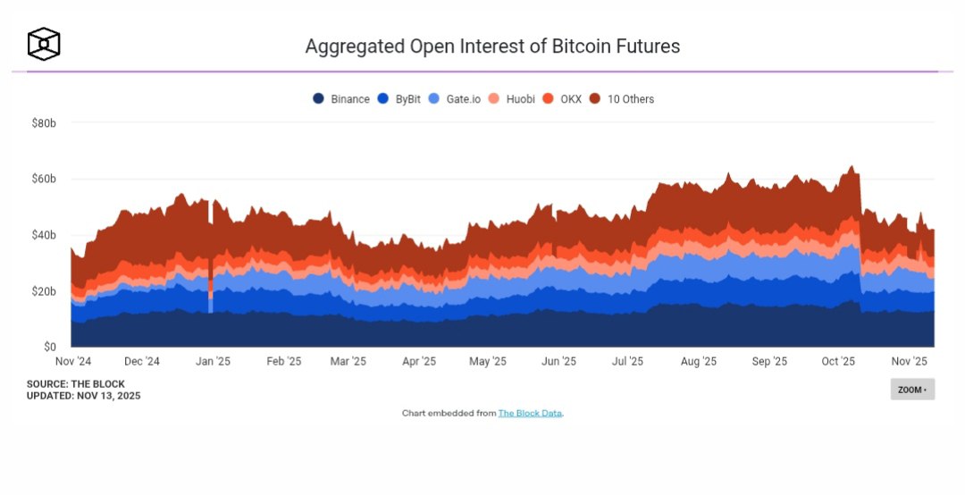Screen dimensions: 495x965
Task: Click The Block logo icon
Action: click(x=44, y=44)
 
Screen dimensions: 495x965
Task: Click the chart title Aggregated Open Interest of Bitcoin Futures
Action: click(x=492, y=46)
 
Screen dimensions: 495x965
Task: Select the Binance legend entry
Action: click(x=341, y=99)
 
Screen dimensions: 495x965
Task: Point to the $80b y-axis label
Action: click(x=44, y=122)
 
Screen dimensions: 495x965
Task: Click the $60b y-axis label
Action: click(x=44, y=179)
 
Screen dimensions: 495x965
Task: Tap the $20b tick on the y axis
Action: click(x=44, y=291)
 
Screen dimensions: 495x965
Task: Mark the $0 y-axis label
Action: click(x=49, y=347)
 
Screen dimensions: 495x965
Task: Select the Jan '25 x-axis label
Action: click(x=213, y=362)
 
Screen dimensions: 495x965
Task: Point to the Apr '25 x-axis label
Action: click(x=418, y=362)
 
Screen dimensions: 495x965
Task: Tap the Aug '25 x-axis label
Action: click(x=698, y=362)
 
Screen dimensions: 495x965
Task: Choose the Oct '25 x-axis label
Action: click(x=838, y=362)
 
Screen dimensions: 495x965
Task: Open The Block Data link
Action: click(x=530, y=414)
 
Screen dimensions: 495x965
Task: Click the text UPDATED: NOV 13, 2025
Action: click(x=83, y=395)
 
